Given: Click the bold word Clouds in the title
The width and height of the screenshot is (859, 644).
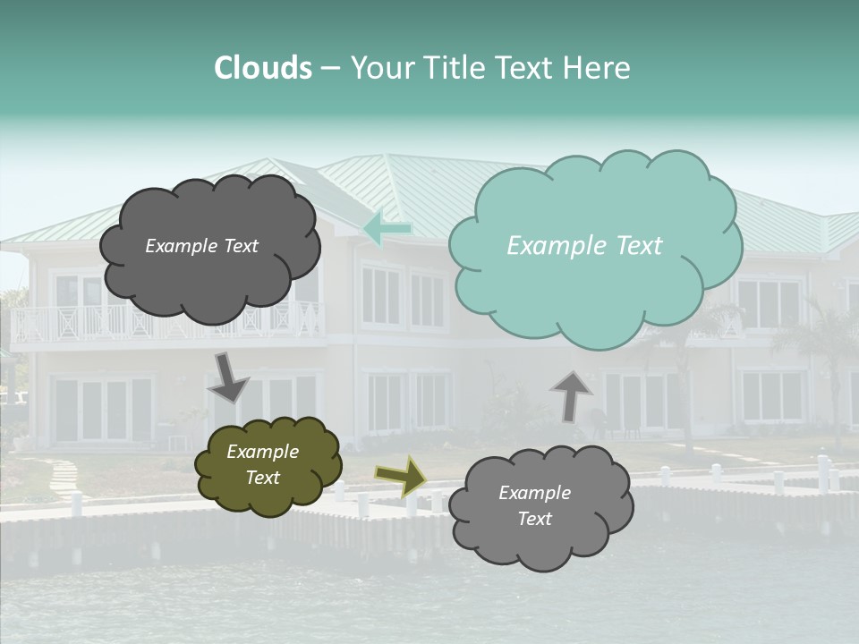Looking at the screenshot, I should coord(263,68).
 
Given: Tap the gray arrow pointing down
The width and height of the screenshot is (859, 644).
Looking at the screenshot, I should coord(229,377).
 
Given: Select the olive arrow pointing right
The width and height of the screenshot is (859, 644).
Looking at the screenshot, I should coord(400,477).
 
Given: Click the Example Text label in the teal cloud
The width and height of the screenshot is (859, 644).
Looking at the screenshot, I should coord(584,246).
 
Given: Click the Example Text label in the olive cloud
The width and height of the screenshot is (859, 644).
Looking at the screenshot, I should coord(262,465).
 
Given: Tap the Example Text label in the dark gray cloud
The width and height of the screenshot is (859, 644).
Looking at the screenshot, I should coord(201,246).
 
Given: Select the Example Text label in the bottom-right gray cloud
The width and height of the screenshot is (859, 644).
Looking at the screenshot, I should coord(534,506).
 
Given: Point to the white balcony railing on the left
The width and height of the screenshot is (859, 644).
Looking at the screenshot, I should coord(63,324).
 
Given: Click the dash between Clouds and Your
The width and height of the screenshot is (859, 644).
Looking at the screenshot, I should coord(330,68).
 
